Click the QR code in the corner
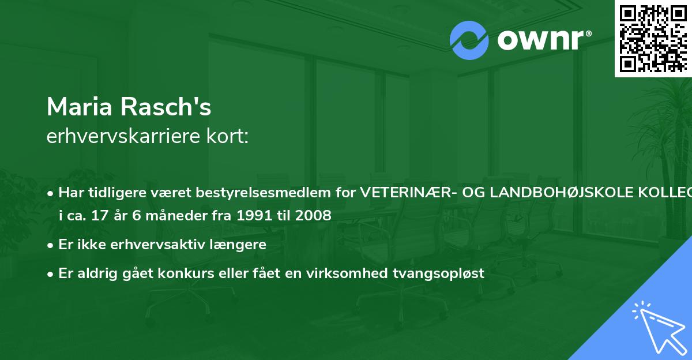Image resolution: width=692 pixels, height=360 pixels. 653,38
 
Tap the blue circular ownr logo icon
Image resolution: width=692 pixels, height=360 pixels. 469,40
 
